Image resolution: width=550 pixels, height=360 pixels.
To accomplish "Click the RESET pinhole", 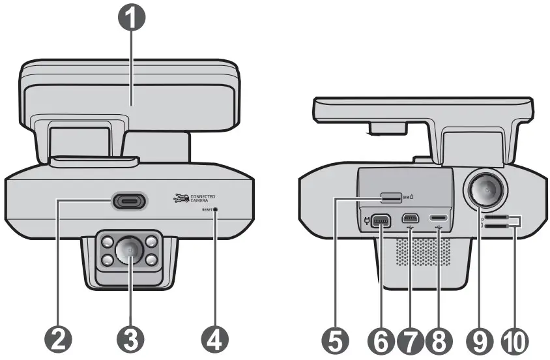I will (216, 210).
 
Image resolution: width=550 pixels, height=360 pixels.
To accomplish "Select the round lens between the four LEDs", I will (130, 249).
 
